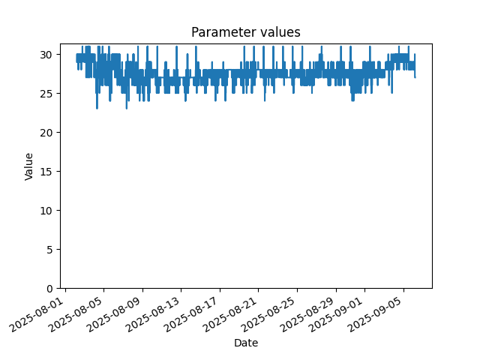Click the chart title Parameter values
point(246,32)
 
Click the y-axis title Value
point(28,166)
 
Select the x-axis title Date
point(246,343)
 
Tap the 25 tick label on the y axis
point(46,93)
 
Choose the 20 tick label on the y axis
point(46,133)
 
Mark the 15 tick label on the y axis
point(46,172)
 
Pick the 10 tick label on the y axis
point(46,211)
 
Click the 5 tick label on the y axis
point(49,250)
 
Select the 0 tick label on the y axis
point(49,289)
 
